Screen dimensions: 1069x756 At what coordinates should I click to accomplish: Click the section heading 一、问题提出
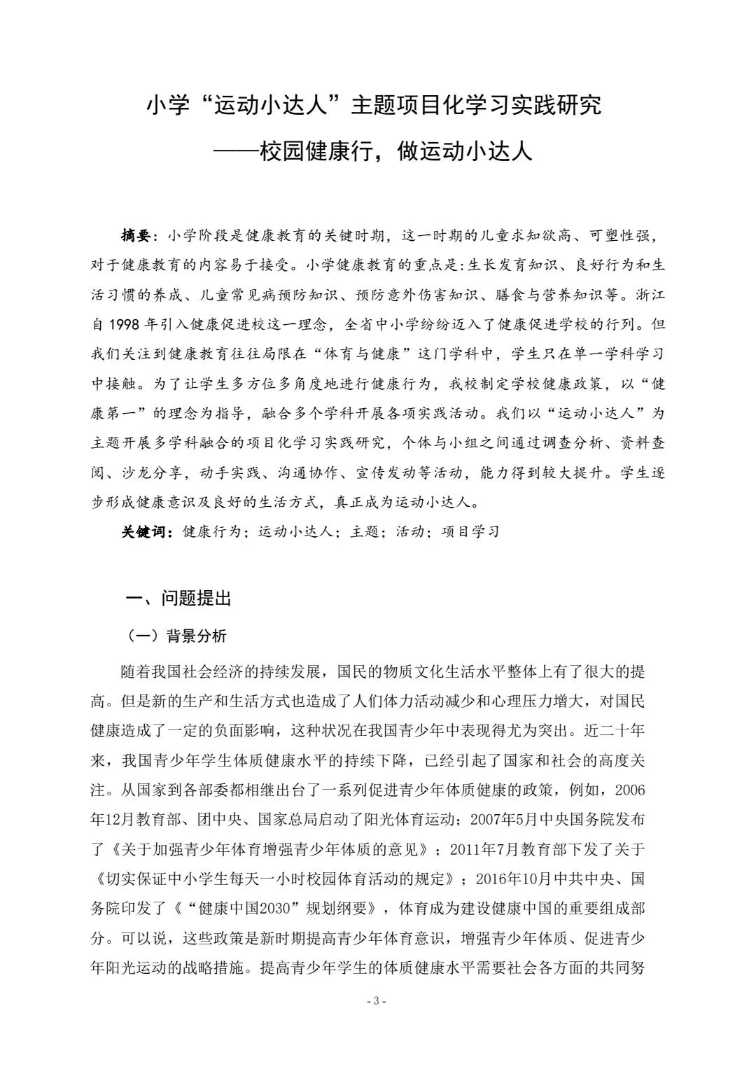coord(178,599)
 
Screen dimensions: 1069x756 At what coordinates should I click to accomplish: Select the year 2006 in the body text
coord(629,790)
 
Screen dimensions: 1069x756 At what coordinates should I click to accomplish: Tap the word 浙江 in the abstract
coord(650,295)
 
